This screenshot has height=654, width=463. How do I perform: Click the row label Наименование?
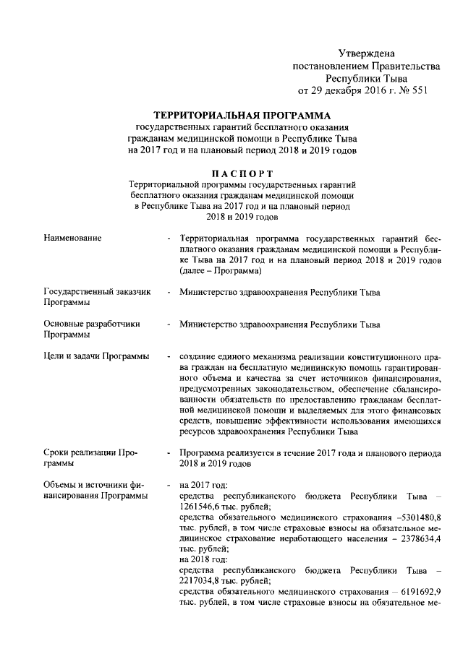72,237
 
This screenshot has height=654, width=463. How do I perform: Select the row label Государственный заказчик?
96,292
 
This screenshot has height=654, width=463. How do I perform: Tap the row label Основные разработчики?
91,324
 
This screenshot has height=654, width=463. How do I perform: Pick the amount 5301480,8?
418,517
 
